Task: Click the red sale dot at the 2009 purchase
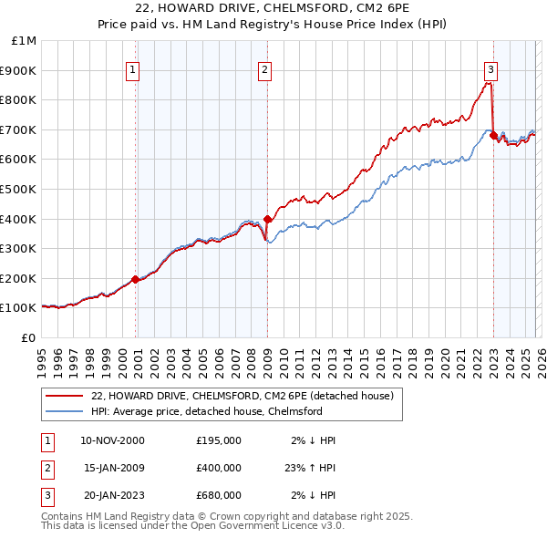tap(267, 219)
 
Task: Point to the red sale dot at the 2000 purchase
tap(136, 280)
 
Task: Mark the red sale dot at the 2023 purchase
tap(493, 136)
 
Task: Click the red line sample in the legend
tap(64, 396)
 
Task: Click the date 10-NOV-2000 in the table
tap(112, 440)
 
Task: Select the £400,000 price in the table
tap(219, 468)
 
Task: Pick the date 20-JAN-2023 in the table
tap(112, 495)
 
